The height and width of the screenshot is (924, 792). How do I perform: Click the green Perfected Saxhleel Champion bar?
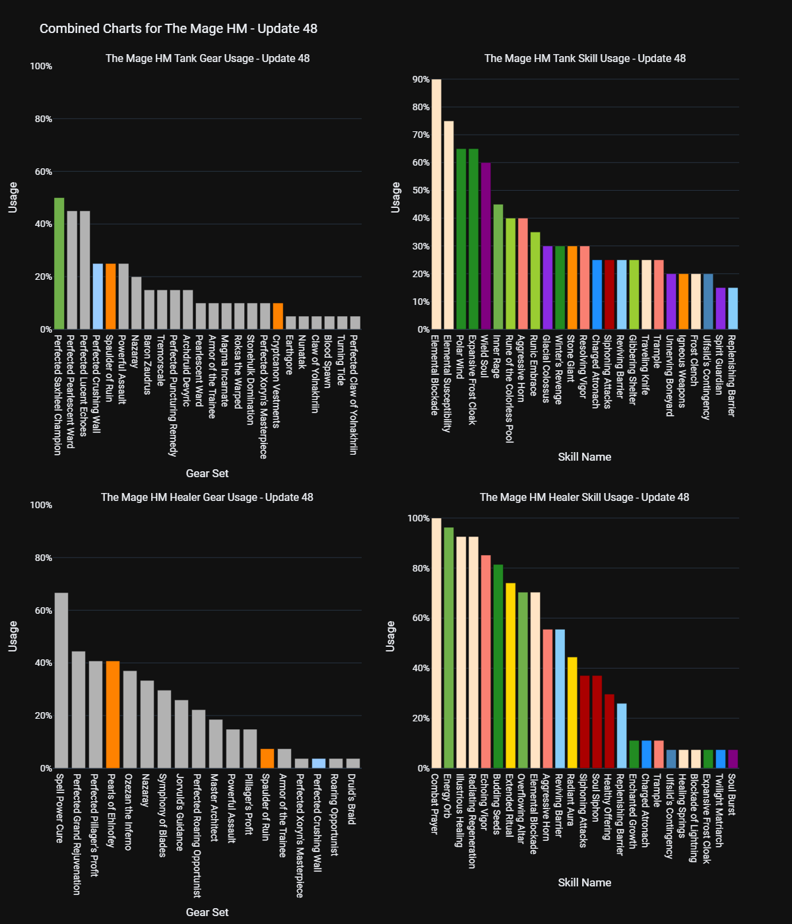coord(59,264)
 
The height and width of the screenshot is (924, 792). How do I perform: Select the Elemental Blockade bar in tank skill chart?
coord(436,205)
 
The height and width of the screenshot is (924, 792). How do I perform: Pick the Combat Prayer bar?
coord(436,643)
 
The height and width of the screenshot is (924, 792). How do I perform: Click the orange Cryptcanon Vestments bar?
coord(278,316)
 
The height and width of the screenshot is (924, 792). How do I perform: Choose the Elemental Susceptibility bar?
coord(449,225)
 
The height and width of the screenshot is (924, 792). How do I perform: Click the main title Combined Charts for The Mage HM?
coord(178,29)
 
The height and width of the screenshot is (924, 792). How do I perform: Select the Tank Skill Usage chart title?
coord(585,59)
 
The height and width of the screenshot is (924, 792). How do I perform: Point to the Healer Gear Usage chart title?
coord(207,498)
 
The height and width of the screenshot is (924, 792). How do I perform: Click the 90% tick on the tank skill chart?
coord(420,80)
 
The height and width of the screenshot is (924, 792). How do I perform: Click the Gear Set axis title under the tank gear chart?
coord(207,473)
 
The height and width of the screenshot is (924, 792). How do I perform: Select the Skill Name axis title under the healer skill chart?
coord(584,882)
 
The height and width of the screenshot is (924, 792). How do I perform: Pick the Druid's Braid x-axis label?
coord(351,799)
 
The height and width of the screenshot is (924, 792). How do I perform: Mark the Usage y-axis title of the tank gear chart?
coord(13,198)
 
